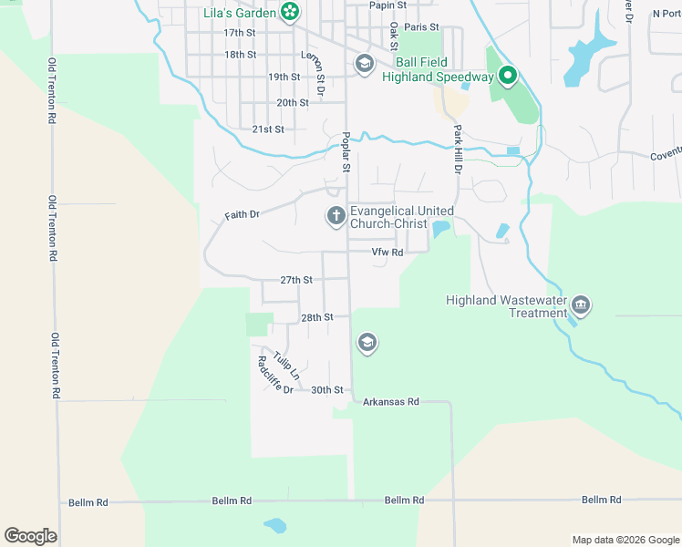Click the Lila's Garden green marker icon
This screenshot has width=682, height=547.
(289, 12)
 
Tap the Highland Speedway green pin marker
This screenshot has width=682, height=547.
(507, 77)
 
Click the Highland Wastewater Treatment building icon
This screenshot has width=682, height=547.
(580, 304)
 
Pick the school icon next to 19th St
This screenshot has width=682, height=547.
(364, 63)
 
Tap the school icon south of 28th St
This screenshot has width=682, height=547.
(367, 343)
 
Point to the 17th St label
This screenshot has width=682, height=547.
(241, 32)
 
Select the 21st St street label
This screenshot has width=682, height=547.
(268, 129)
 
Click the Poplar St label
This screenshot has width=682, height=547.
(346, 151)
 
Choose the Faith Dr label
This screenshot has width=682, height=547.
(243, 215)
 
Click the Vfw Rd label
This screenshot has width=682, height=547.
(387, 253)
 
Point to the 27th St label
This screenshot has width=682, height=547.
(296, 280)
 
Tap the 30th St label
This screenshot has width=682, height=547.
(326, 390)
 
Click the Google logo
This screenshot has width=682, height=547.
(30, 536)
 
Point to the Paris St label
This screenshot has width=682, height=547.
(421, 28)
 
